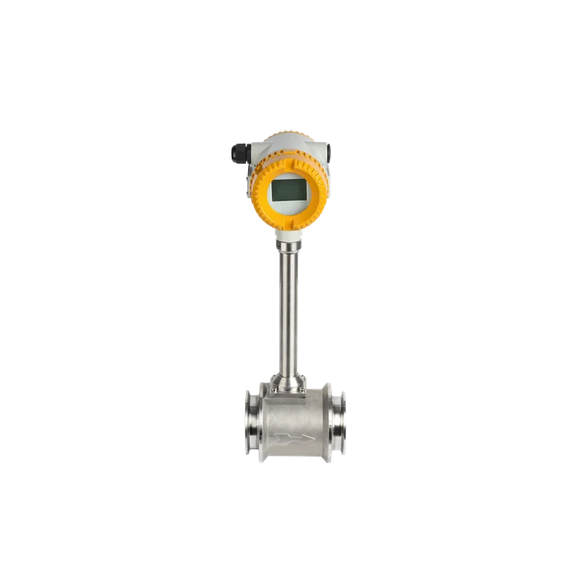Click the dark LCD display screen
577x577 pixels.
tap(287, 190)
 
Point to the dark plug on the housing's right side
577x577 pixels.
tap(330, 151)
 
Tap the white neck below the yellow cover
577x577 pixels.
tap(288, 236)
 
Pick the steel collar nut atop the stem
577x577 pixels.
tap(288, 247)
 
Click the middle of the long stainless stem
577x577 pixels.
tap(288, 310)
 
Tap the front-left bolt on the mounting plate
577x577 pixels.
tap(273, 390)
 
